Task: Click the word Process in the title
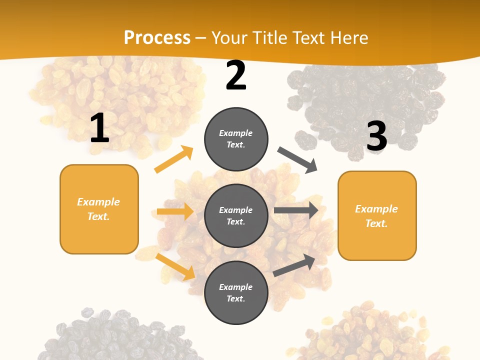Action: point(157,37)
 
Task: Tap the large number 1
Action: point(99,128)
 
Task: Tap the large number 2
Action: point(236,75)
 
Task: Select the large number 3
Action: point(376,136)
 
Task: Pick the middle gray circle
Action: point(236,215)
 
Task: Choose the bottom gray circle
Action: point(236,292)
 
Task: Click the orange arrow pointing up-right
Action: point(174,159)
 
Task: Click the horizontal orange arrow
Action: point(175,211)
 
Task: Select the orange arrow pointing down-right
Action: point(175,266)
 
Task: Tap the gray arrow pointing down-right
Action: point(297,160)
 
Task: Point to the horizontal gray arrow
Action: point(296,210)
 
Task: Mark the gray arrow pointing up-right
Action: point(294,265)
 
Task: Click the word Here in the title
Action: point(349,37)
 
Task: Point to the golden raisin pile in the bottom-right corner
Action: point(370,332)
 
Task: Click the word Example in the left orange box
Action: point(98,202)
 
